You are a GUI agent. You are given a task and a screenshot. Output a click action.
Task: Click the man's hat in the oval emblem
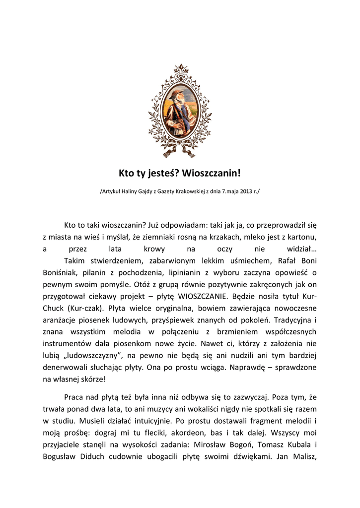pos(175,94)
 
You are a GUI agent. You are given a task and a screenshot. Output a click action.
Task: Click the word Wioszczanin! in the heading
pos(212,173)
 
